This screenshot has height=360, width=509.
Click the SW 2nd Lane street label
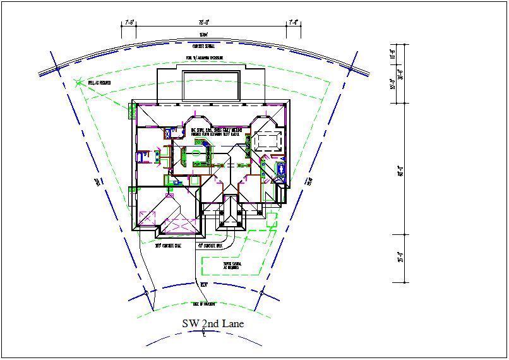213,323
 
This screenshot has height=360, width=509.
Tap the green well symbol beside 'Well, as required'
78,81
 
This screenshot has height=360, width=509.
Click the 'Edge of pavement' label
203,304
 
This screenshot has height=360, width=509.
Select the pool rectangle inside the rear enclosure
210,85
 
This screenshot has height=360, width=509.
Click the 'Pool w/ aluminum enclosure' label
204,58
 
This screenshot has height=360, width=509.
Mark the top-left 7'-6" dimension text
129,22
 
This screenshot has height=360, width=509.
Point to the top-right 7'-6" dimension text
293,22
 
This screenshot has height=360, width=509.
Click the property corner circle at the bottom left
146,294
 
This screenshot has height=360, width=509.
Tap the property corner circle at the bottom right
260,293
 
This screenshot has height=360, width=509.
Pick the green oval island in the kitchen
196,153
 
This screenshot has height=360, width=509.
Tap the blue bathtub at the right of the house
281,169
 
